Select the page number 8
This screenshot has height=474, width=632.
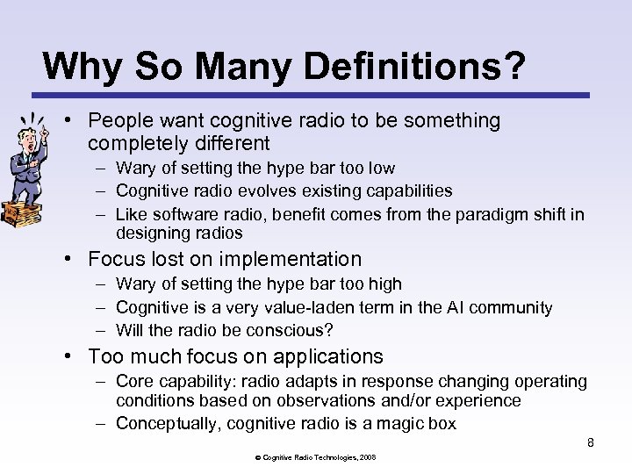pyautogui.click(x=591, y=442)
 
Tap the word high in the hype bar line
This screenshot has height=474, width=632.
pyautogui.click(x=384, y=284)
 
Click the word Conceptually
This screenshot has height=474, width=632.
pyautogui.click(x=169, y=424)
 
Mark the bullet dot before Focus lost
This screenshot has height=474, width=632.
pyautogui.click(x=75, y=259)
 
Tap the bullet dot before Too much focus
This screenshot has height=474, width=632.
pyautogui.click(x=75, y=356)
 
